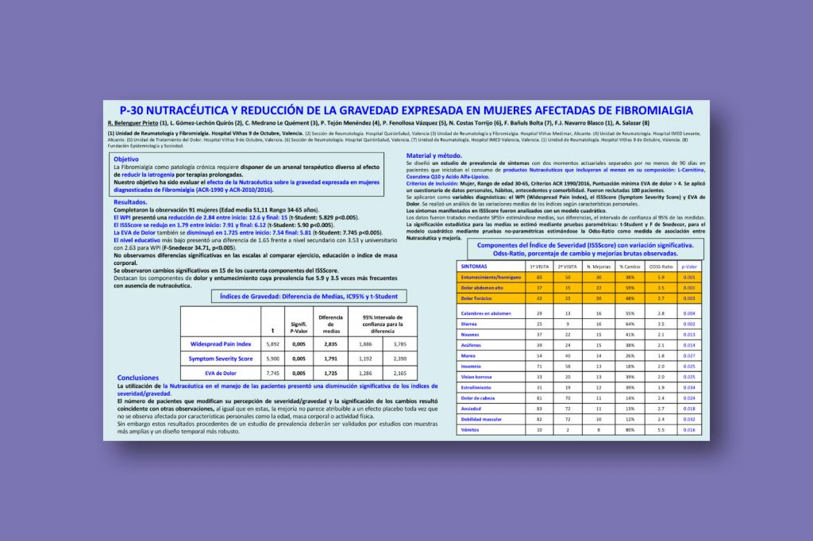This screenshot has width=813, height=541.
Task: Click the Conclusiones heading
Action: tap(137, 378)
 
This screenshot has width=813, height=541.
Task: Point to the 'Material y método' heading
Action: tap(433, 155)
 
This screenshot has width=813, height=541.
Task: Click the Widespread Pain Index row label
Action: tap(221, 344)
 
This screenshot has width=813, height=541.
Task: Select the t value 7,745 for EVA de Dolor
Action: tap(272, 373)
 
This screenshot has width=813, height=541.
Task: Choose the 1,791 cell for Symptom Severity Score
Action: tap(330, 359)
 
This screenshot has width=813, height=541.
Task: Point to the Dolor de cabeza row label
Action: tap(478, 397)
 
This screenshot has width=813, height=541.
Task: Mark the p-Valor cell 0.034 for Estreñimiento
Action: tap(689, 386)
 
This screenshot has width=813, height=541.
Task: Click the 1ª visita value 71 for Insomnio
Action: tap(539, 366)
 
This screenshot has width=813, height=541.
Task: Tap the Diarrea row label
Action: tap(468, 324)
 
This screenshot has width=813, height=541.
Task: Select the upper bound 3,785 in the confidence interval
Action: tap(399, 344)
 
